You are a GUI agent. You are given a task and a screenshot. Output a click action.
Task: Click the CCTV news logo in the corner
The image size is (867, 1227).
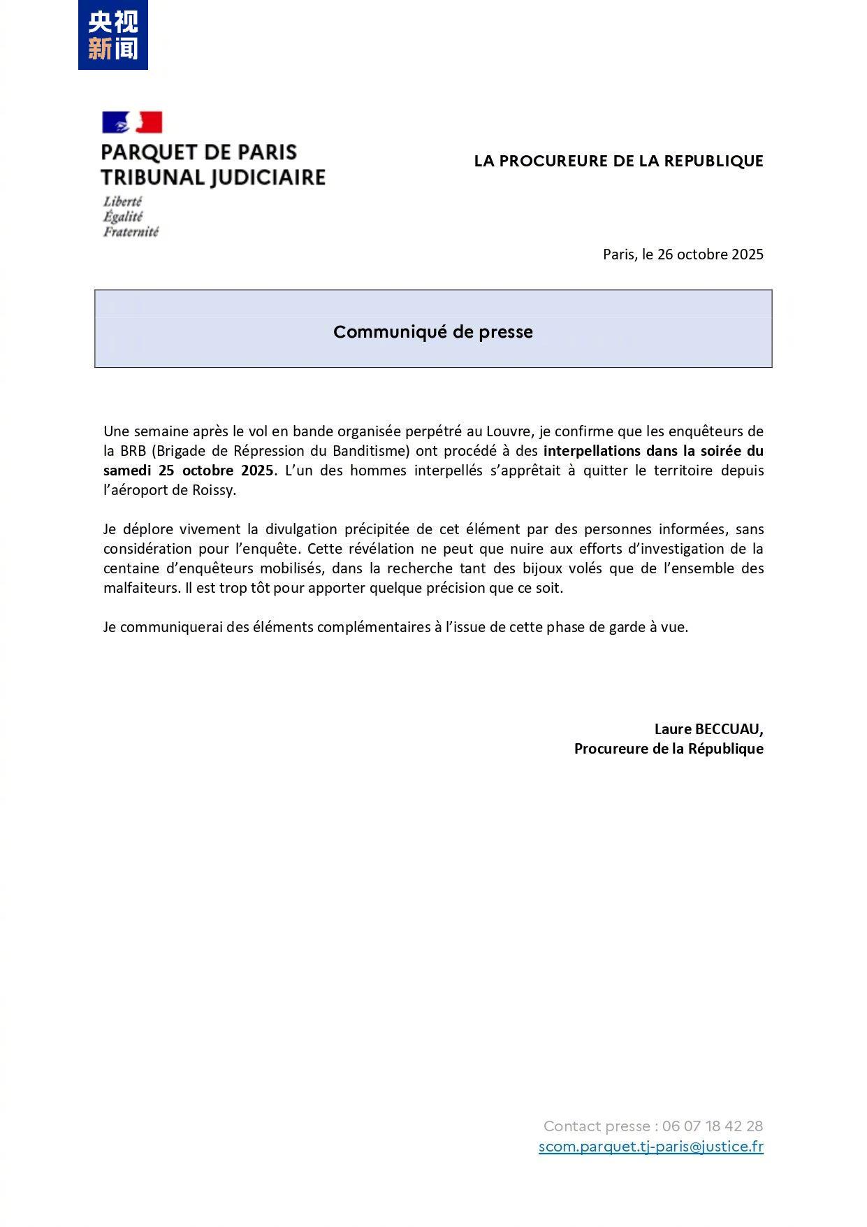(x=112, y=35)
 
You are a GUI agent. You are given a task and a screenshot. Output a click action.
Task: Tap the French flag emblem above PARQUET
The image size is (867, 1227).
(x=132, y=122)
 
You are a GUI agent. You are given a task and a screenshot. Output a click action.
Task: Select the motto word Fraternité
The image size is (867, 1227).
(x=131, y=232)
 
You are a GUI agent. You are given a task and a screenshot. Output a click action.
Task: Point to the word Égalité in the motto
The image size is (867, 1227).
(x=123, y=217)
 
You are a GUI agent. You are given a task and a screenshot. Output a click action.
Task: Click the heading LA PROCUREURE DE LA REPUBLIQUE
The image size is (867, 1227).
(x=618, y=161)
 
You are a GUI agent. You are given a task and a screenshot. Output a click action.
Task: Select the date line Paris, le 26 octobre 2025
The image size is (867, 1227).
(x=683, y=254)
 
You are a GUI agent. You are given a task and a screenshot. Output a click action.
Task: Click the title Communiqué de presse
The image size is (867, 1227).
(x=432, y=331)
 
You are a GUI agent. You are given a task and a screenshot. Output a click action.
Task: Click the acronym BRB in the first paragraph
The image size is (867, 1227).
(x=133, y=451)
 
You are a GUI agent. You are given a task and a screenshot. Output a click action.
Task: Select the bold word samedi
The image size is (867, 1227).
(x=127, y=471)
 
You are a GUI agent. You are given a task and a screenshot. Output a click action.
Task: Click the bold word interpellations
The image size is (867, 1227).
(x=591, y=451)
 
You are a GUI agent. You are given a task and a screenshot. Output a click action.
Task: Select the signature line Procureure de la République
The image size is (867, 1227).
(x=669, y=749)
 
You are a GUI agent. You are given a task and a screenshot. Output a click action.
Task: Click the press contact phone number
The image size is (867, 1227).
(x=712, y=1126)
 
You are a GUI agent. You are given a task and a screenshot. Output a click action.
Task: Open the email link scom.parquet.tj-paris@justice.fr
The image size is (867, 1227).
(x=650, y=1147)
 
